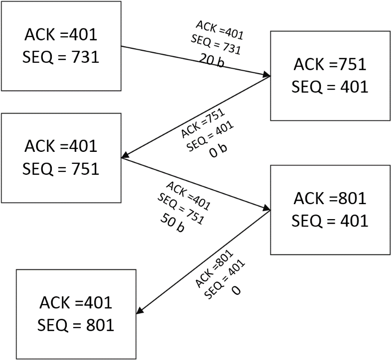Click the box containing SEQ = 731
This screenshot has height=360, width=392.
(61, 46)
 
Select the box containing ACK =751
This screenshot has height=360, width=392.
(330, 76)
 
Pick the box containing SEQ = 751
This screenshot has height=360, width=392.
(61, 157)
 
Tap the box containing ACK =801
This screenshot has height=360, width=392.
(330, 209)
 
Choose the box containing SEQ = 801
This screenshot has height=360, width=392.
(76, 314)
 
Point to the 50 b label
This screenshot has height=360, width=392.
(172, 223)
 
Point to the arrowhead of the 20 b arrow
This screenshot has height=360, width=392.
(267, 76)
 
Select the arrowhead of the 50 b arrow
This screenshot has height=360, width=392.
(267, 209)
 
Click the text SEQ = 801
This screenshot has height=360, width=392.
(76, 325)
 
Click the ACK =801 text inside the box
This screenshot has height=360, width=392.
(330, 199)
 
